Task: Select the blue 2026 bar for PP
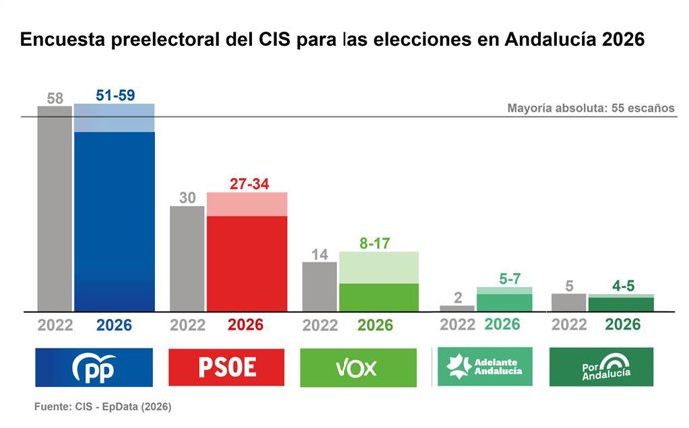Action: [x=113, y=219]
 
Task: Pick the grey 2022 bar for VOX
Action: [x=319, y=286]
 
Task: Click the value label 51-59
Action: [x=114, y=94]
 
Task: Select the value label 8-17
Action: [x=377, y=242]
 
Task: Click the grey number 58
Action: [x=54, y=97]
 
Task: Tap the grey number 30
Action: [x=186, y=197]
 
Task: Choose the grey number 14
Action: [x=319, y=253]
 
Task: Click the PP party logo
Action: [x=94, y=367]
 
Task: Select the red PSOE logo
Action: [x=226, y=367]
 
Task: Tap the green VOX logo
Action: [x=358, y=367]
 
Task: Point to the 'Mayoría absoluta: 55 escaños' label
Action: [x=591, y=108]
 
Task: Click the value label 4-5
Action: [x=623, y=285]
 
